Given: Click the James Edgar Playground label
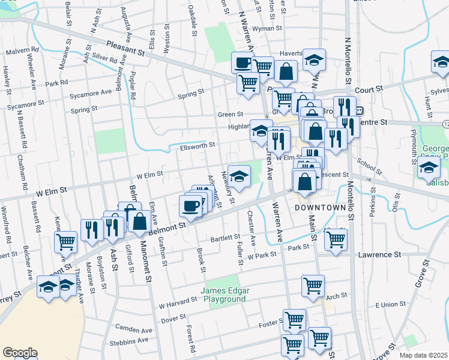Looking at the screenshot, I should click(x=225, y=294).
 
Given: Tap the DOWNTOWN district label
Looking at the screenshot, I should click(x=320, y=208).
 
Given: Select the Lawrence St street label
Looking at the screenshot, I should click(x=379, y=255).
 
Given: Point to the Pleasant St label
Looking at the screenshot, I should click(x=127, y=48).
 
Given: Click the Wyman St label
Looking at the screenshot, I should click(x=267, y=28).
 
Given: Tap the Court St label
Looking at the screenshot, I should click(x=369, y=89).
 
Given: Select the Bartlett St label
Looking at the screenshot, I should click(x=225, y=238).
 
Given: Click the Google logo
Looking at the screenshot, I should click(x=19, y=353).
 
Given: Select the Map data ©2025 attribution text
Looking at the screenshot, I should click(x=423, y=355).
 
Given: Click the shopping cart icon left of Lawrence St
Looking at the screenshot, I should click(x=336, y=239).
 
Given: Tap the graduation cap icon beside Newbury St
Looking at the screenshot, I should click(x=239, y=176).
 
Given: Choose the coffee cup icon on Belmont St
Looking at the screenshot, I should click(x=190, y=206).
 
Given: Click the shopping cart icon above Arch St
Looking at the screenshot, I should click(x=313, y=286).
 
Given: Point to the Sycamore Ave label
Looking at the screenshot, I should click(x=90, y=92).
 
